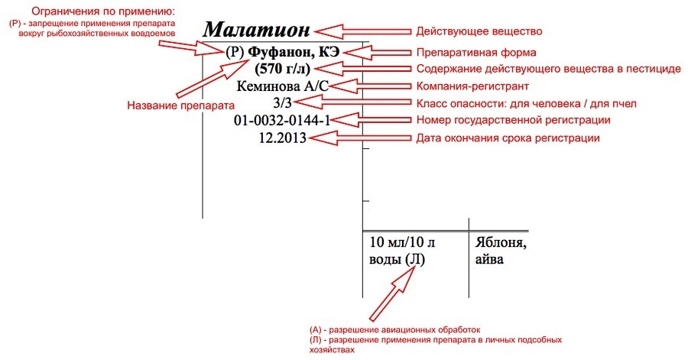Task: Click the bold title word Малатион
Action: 256,30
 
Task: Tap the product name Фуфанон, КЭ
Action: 294,52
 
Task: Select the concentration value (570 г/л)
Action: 283,69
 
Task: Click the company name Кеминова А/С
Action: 283,86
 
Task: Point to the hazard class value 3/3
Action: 282,102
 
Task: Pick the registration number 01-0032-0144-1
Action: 282,120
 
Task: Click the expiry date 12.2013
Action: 283,138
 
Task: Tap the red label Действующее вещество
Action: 479,31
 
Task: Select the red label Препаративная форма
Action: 476,53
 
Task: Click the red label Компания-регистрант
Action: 472,86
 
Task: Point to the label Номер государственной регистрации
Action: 514,120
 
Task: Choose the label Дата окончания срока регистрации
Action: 508,138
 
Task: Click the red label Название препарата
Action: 180,105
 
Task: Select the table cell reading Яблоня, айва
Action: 501,251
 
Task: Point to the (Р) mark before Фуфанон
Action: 235,52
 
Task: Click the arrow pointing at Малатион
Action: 363,31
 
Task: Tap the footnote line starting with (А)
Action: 395,329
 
